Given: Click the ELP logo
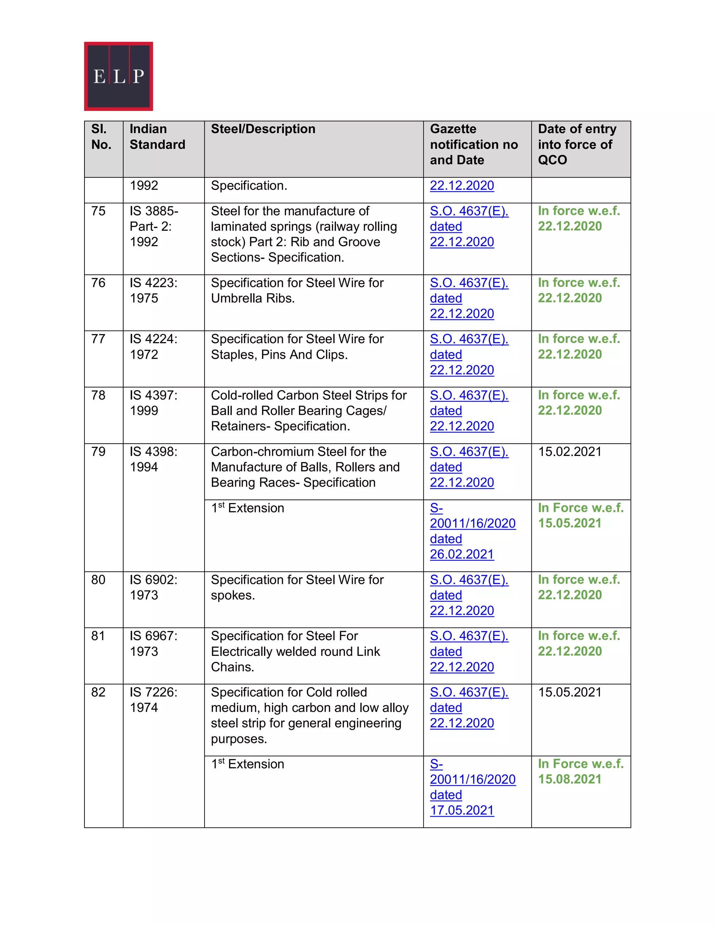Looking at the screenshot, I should pos(118,76).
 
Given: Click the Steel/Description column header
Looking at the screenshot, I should pos(263,129).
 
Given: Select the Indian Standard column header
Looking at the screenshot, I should pos(157,137).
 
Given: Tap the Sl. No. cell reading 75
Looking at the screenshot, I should pos(98,211).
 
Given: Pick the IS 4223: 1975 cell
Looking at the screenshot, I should pos(153,290).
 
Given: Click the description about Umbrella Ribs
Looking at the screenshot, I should pos(297,290).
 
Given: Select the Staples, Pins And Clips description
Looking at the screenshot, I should pos(297,347).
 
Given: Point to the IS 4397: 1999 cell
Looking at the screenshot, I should pos(153,403).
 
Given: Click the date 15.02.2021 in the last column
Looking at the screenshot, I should pos(569,451).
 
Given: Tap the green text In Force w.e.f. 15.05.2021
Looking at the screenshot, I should pos(580,516).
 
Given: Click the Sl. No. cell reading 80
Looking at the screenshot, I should pos(98,579).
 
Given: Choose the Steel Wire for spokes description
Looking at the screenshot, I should pos(297,587).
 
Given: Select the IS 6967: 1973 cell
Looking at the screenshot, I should pos(153,643).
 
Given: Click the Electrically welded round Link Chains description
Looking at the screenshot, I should pos(295,651).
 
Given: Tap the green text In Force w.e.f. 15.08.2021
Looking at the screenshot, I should pos(580,771).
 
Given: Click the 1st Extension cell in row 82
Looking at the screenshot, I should pos(248,764).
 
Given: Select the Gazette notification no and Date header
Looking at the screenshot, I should pos(473,145).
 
